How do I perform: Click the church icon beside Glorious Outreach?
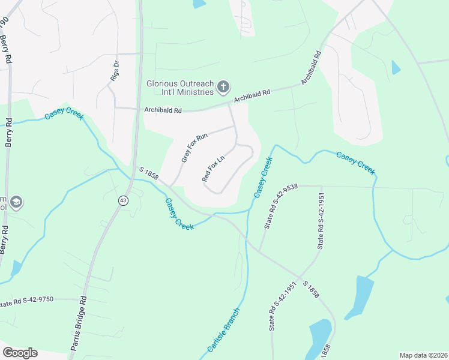tap(223, 87)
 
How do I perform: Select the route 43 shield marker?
tap(123, 200)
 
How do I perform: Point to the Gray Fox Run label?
tap(194, 148)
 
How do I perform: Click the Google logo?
tap(20, 353)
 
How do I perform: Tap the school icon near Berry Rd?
tap(16, 201)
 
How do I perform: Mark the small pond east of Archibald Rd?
tap(396, 67)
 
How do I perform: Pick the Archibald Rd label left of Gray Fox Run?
tap(163, 110)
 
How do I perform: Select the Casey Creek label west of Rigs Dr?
tap(63, 116)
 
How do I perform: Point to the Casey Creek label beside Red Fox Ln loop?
tap(263, 178)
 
